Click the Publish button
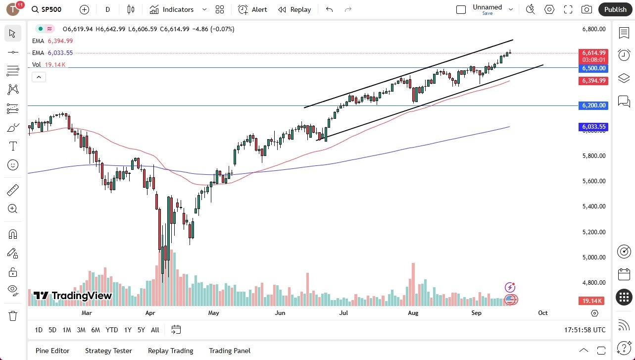click(615, 9)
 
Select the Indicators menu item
click(172, 9)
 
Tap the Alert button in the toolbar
click(252, 9)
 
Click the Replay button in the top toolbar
click(294, 9)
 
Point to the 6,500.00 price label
click(594, 68)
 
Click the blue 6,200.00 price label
click(594, 105)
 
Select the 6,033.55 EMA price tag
click(594, 127)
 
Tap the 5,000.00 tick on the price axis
click(593, 257)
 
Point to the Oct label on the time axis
click(542, 313)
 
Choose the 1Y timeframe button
click(128, 330)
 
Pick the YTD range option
click(112, 330)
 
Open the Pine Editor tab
click(52, 351)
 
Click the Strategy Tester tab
click(108, 351)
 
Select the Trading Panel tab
click(230, 351)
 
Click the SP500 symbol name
click(52, 9)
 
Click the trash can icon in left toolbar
click(13, 315)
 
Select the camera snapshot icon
click(586, 9)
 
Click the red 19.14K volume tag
click(592, 301)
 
